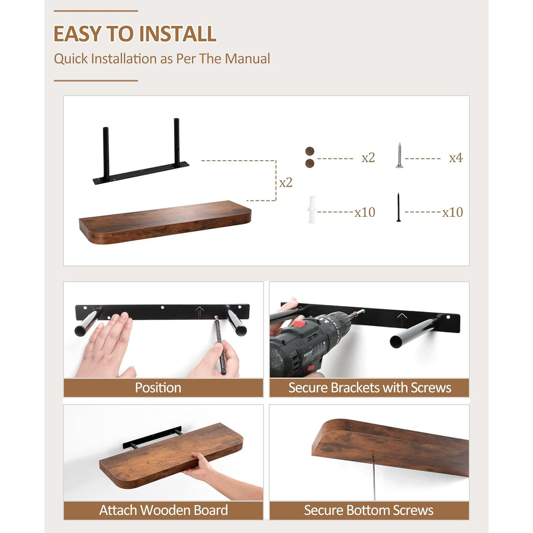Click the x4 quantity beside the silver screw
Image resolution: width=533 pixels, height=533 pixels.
tap(455, 158)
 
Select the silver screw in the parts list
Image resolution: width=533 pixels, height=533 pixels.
tap(399, 155)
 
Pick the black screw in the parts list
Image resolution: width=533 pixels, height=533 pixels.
tap(398, 207)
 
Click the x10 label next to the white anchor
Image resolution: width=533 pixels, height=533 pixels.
tap(365, 212)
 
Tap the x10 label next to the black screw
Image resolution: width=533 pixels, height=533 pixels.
tap(452, 212)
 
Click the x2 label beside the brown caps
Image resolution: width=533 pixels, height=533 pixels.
tap(368, 158)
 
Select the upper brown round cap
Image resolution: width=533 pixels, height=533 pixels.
tap(310, 151)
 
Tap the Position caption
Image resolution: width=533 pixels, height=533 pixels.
tap(158, 388)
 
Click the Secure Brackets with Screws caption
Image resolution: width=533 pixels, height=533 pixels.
tap(370, 388)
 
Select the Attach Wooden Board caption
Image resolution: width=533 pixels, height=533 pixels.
tap(163, 510)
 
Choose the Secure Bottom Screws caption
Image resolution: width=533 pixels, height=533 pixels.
tap(369, 510)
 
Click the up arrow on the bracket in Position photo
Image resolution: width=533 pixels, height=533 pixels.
tap(199, 310)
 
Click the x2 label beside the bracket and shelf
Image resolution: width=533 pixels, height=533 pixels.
tap(286, 183)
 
